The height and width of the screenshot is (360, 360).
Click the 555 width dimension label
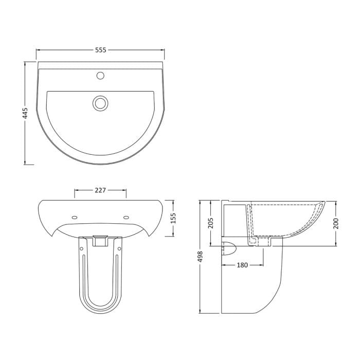pos(101,50)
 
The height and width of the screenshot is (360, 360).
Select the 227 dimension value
pos(100,190)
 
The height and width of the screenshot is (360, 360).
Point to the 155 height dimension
pos(173,218)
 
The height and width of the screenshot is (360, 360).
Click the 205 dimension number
pos(210,223)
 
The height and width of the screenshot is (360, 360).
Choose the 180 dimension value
pos(242,265)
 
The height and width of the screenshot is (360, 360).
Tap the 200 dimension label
pos(336,223)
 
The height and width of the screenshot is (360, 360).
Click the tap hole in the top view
pos(100,76)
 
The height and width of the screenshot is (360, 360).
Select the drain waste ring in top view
pos(100,103)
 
